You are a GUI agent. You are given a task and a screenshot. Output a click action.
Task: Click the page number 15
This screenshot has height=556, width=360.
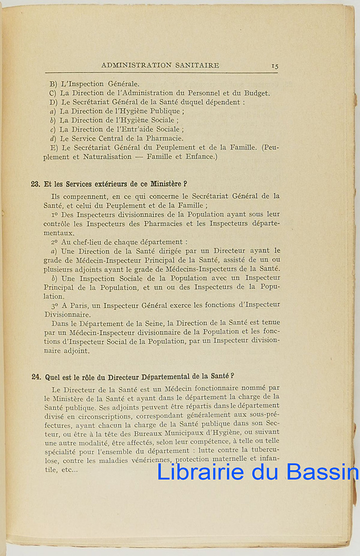tap(275, 66)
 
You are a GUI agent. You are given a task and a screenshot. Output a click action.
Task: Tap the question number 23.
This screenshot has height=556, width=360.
tap(36, 184)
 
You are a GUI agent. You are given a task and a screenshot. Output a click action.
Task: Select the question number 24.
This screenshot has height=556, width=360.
tap(36, 376)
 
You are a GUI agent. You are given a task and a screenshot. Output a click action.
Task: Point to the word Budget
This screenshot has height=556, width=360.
tap(257, 93)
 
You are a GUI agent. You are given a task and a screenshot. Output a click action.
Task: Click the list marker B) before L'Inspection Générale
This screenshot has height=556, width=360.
tap(53, 84)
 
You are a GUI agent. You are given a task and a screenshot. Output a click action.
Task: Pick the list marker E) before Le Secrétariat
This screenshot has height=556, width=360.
tap(53, 147)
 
